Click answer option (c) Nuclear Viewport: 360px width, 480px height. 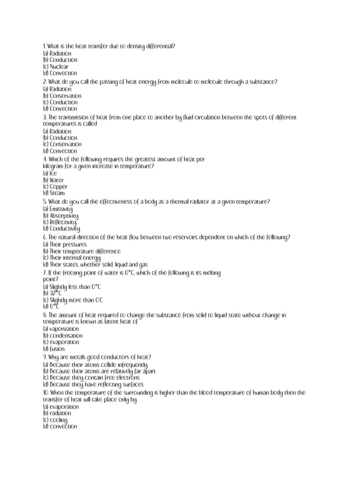pyautogui.click(x=55, y=67)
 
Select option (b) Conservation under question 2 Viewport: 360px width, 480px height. pyautogui.click(x=62, y=96)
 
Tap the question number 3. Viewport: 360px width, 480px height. pyautogui.click(x=45, y=117)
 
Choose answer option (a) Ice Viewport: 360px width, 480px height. pyautogui.click(x=50, y=173)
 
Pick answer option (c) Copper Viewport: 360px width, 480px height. pyautogui.click(x=54, y=187)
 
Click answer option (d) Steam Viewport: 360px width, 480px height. pyautogui.click(x=54, y=193)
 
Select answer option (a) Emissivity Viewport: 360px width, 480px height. pyautogui.click(x=58, y=209)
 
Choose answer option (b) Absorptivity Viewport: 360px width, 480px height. pyautogui.click(x=60, y=216)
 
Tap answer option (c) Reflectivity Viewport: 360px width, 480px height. pyautogui.click(x=60, y=222)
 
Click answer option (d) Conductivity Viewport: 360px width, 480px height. pyautogui.click(x=61, y=229)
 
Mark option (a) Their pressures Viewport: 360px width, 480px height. pyautogui.click(x=65, y=245)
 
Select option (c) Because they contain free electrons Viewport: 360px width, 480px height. pyautogui.click(x=91, y=377)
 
